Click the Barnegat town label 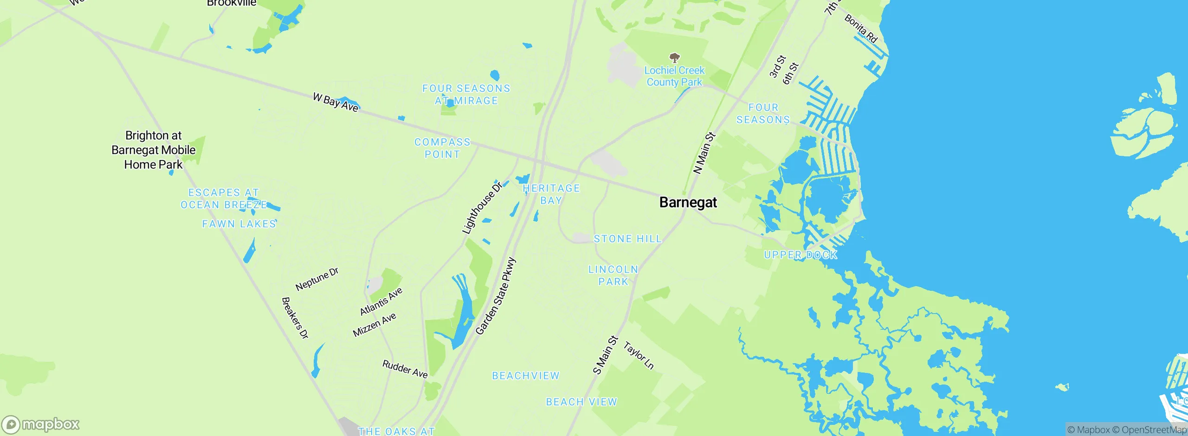[x=688, y=203]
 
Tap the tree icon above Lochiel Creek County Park [x=674, y=58]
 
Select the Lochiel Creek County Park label [x=674, y=77]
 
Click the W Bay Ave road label [x=336, y=103]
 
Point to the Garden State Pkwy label [x=496, y=296]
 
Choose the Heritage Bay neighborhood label [x=551, y=194]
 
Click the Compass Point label [x=442, y=148]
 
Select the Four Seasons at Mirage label [x=466, y=95]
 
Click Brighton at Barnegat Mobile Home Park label [x=154, y=150]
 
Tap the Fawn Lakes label [x=239, y=224]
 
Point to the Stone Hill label [x=627, y=239]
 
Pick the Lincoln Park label [x=613, y=276]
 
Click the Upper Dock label [x=801, y=255]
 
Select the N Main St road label [x=704, y=154]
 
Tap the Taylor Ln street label [x=639, y=356]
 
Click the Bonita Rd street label [x=861, y=29]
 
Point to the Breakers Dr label [x=295, y=318]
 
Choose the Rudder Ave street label [x=405, y=369]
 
